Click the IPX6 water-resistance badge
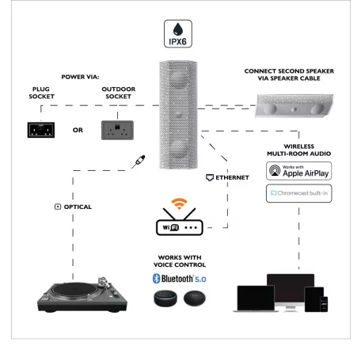pos(178,34)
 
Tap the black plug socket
pos(41,130)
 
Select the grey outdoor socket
pos(117,130)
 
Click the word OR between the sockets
pos(78,130)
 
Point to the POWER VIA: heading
pos(80,77)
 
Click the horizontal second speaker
pos(294,105)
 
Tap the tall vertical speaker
pos(178,115)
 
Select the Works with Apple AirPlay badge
pos(298,171)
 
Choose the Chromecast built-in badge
pos(298,193)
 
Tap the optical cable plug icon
pos(139,161)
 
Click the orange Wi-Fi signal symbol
pos(179,203)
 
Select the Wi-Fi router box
pos(180,227)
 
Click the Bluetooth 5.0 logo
pos(180,279)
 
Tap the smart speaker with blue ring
pos(165,298)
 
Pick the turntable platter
pos(74,290)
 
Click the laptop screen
pos(256,298)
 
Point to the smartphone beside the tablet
pos(324,304)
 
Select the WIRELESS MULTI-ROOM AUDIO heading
pos(299,150)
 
